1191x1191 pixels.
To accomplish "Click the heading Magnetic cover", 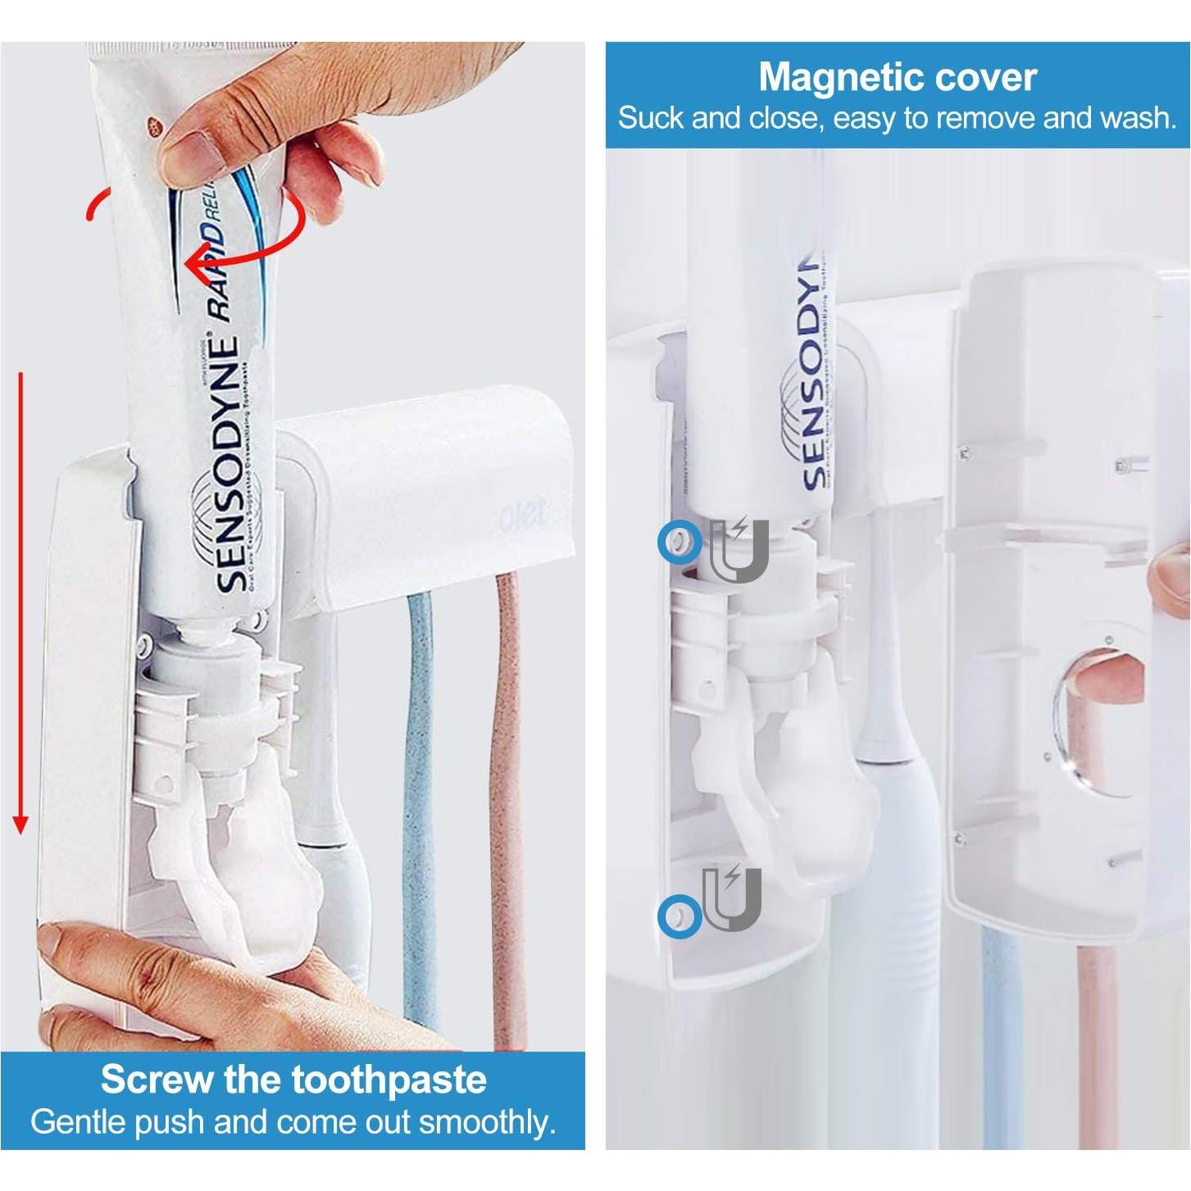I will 897,77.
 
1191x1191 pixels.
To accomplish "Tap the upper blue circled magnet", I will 679,542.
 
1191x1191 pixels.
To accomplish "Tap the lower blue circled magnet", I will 679,916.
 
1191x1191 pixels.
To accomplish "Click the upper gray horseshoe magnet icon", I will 739,550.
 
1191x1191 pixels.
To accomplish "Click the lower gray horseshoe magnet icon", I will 732,898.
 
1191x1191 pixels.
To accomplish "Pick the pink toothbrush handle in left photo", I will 507,803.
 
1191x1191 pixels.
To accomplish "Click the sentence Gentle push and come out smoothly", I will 293,1121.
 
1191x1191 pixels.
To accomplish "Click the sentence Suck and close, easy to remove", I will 897,119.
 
